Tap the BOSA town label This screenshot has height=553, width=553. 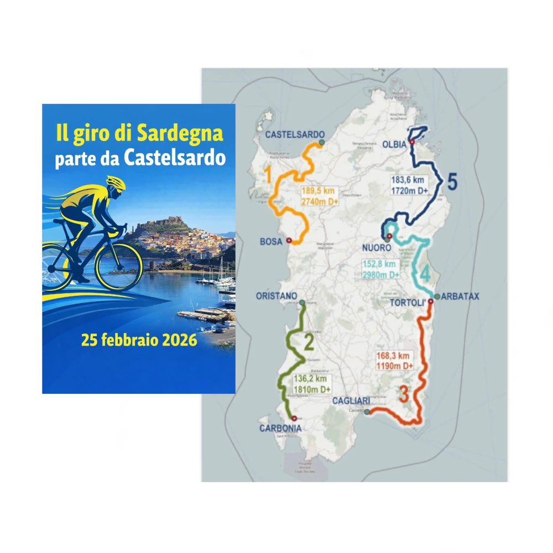click(x=271, y=242)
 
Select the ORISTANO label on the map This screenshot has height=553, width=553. click(x=276, y=296)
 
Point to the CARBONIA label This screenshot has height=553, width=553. click(x=280, y=428)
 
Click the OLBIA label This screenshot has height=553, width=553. click(x=394, y=144)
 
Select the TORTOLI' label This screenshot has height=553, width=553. click(x=410, y=304)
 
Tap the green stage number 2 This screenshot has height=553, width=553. click(x=309, y=343)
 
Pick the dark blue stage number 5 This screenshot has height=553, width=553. click(x=452, y=182)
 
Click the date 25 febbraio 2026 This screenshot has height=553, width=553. click(x=139, y=340)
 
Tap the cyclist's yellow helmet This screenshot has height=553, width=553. click(x=116, y=182)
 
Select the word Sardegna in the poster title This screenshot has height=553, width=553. click(x=180, y=133)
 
